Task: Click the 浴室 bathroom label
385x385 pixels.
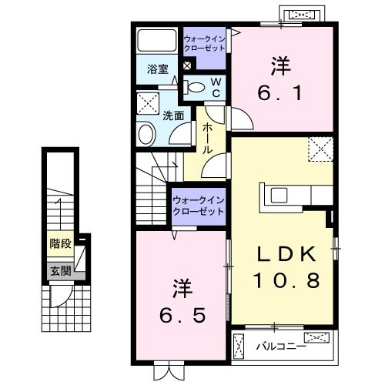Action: [158, 69]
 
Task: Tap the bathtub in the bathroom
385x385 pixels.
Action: [157, 41]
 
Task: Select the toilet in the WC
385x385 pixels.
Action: [194, 87]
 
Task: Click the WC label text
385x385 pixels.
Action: [216, 88]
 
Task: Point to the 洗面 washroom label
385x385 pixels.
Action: [173, 116]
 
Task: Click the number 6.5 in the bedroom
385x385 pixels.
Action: [182, 316]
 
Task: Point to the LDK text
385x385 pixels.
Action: [286, 254]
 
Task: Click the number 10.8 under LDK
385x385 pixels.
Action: [286, 280]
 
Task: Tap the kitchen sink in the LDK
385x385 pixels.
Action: [279, 196]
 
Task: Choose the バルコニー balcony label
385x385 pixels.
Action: [282, 346]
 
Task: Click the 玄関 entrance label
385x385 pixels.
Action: [61, 271]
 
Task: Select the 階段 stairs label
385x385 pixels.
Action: [61, 243]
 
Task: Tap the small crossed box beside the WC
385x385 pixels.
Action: [187, 65]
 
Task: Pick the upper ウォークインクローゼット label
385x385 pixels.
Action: [205, 44]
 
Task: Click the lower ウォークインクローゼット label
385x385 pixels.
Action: [199, 206]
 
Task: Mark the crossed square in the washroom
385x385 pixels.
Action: [148, 103]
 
